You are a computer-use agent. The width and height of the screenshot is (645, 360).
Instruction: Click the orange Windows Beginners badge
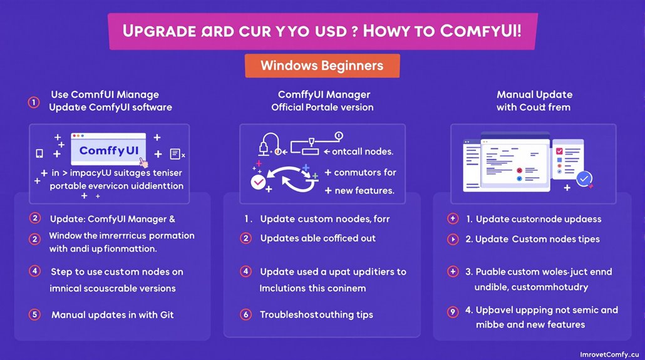(x=322, y=66)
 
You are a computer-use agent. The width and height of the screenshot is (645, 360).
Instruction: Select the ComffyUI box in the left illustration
(x=108, y=151)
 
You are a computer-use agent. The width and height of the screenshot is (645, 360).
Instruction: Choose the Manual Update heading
(x=534, y=95)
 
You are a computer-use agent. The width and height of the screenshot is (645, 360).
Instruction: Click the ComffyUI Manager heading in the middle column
(x=324, y=95)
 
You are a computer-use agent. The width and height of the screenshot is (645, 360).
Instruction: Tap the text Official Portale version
(x=322, y=107)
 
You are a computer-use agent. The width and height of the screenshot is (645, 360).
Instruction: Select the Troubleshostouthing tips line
(x=316, y=314)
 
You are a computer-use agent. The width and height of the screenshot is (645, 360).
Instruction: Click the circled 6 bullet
(x=246, y=314)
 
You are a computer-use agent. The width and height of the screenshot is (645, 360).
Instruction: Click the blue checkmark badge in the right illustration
(x=585, y=180)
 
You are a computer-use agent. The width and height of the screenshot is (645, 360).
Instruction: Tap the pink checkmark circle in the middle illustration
(x=258, y=182)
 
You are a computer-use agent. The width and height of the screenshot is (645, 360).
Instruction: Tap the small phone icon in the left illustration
(x=39, y=153)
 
